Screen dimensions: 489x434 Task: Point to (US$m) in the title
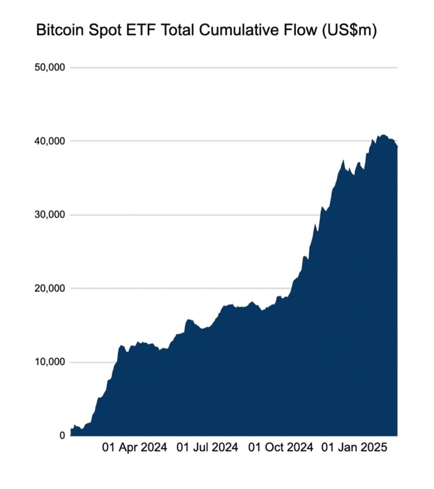click(x=347, y=30)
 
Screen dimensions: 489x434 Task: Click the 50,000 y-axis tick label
click(x=50, y=68)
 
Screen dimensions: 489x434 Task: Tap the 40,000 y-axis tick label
click(x=50, y=141)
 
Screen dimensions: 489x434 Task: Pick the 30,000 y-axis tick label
click(x=50, y=215)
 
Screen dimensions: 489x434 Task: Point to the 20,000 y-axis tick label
click(x=50, y=289)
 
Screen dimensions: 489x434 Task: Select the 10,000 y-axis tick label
click(x=50, y=362)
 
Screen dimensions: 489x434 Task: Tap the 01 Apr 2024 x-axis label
click(x=135, y=448)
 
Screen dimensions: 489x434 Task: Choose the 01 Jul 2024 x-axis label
click(x=208, y=448)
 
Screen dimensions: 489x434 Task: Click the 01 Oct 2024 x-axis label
click(x=281, y=448)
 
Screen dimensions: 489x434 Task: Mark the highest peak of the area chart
click(x=383, y=135)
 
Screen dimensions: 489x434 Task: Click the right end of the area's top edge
click(x=397, y=147)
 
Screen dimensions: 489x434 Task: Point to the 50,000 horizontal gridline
click(x=233, y=68)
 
